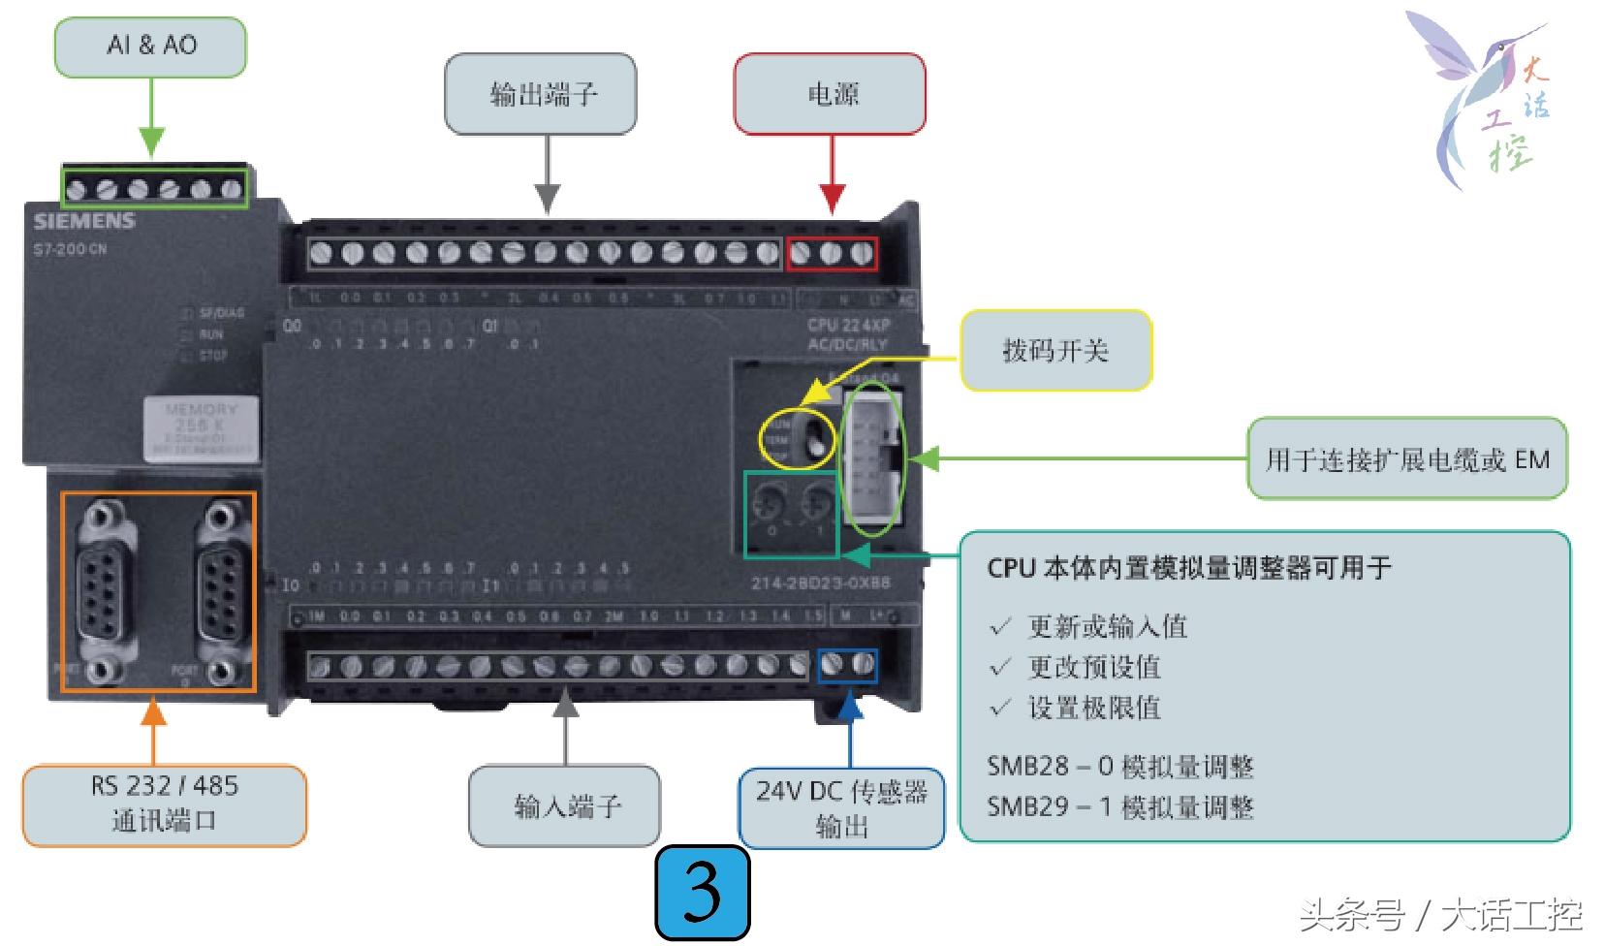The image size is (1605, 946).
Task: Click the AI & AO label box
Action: tap(150, 47)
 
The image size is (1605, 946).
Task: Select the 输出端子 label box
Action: tap(541, 94)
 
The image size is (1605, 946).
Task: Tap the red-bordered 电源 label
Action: tap(830, 94)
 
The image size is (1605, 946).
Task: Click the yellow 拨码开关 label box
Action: tap(1055, 351)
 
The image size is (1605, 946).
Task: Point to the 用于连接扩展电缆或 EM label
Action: tap(1406, 459)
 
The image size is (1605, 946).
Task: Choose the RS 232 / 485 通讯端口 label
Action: tap(164, 804)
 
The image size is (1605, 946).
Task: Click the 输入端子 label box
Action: tap(565, 805)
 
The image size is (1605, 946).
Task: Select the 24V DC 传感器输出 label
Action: tap(841, 808)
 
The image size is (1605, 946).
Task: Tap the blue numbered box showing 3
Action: tap(703, 893)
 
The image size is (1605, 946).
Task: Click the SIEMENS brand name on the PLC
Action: tap(84, 221)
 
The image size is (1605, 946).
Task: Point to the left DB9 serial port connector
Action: tap(105, 587)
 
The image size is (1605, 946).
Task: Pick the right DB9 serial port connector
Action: tap(222, 587)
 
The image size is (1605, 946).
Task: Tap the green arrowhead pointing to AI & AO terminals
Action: tap(151, 142)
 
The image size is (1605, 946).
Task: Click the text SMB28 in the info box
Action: tap(1027, 766)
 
